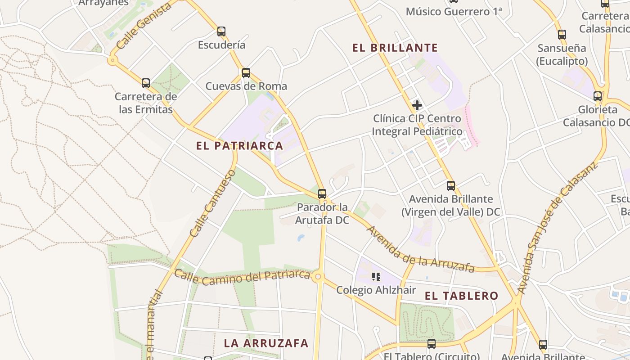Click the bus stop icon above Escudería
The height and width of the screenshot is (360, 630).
click(221, 31)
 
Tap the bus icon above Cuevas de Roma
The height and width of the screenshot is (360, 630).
click(246, 73)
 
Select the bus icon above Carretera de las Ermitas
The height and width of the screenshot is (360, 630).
click(145, 83)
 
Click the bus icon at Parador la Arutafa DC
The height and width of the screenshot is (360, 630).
click(322, 194)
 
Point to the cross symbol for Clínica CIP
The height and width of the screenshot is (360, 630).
click(417, 106)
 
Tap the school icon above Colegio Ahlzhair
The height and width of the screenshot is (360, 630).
click(376, 277)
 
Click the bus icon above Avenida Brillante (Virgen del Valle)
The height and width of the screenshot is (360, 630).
click(450, 186)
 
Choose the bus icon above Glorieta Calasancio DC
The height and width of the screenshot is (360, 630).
click(597, 96)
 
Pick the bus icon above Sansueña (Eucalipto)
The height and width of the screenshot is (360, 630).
click(562, 35)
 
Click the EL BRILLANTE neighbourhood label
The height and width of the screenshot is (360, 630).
click(395, 48)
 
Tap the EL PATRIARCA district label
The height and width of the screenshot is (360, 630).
click(239, 146)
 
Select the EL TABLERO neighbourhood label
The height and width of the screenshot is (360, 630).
click(462, 296)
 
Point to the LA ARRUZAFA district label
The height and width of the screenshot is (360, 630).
click(266, 343)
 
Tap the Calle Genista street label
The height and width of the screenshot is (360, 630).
click(144, 26)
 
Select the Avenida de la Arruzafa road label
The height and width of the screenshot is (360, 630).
click(420, 249)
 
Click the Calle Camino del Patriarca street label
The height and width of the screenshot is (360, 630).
click(243, 278)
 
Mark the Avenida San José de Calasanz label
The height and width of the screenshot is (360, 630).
click(557, 228)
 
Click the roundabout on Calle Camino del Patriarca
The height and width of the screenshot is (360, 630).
click(318, 277)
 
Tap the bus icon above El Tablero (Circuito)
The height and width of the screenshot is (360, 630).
click(431, 344)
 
